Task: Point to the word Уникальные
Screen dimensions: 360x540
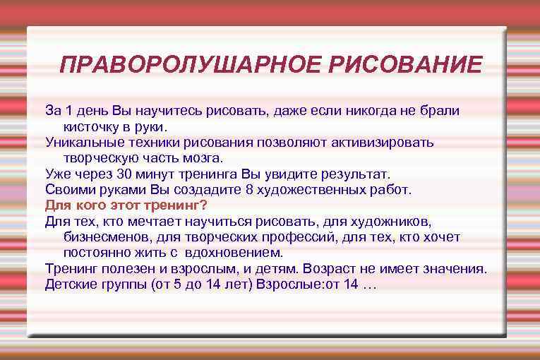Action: (80, 142)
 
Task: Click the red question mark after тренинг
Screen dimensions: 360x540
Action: (204, 205)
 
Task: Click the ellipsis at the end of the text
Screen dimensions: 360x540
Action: (370, 284)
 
